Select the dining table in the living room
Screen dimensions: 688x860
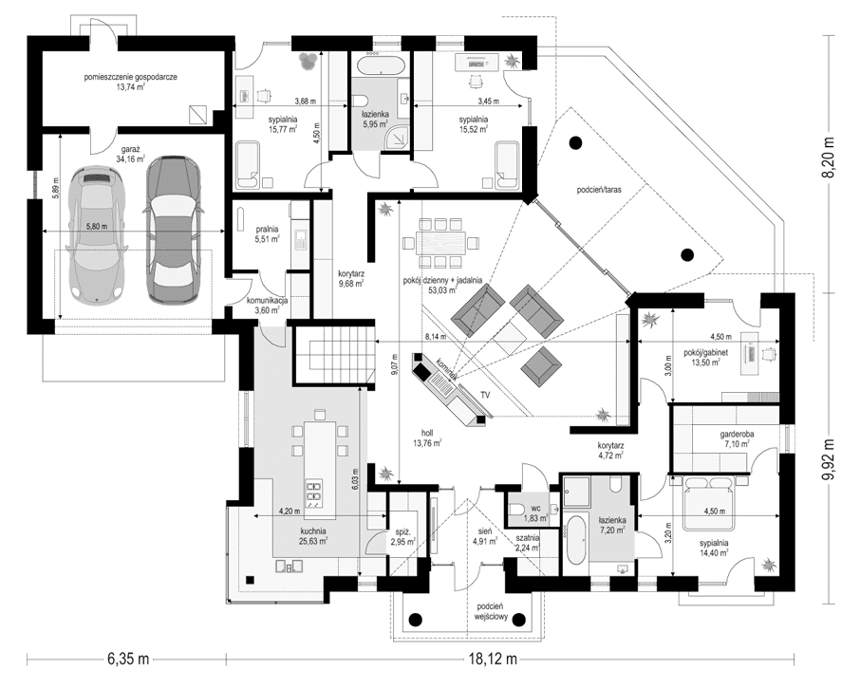(443, 243)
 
